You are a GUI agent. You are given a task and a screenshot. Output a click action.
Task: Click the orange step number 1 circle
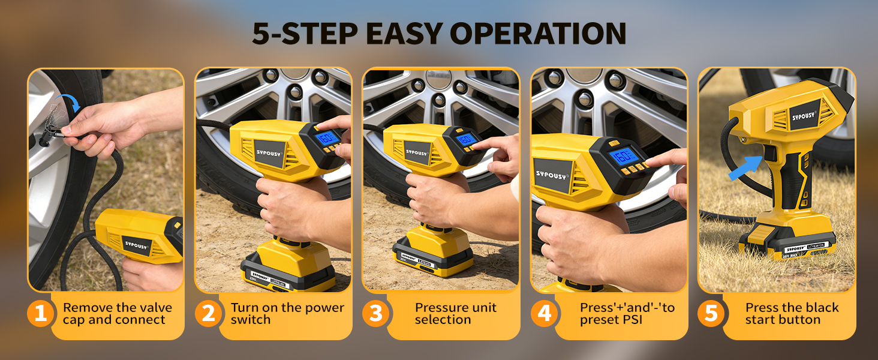pyautogui.click(x=40, y=314)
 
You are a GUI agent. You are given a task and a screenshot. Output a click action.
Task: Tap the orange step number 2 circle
pyautogui.click(x=208, y=314)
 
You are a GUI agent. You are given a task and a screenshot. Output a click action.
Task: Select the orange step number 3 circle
pyautogui.click(x=376, y=314)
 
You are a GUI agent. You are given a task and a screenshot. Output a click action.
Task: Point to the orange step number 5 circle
pyautogui.click(x=711, y=314)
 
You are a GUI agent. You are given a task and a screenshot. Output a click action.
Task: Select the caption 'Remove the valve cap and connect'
pyautogui.click(x=117, y=314)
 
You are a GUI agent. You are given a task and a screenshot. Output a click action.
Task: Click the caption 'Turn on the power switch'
pyautogui.click(x=287, y=314)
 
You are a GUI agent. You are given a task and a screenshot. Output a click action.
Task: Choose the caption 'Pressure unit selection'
pyautogui.click(x=455, y=314)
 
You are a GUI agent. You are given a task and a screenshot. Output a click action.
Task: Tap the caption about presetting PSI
pyautogui.click(x=627, y=314)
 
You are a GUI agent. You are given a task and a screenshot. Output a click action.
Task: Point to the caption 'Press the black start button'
pyautogui.click(x=791, y=314)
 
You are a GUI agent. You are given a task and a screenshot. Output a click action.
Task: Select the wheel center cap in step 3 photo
pyautogui.click(x=438, y=77)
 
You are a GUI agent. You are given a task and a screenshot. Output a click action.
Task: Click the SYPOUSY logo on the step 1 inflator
pyautogui.click(x=137, y=245)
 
